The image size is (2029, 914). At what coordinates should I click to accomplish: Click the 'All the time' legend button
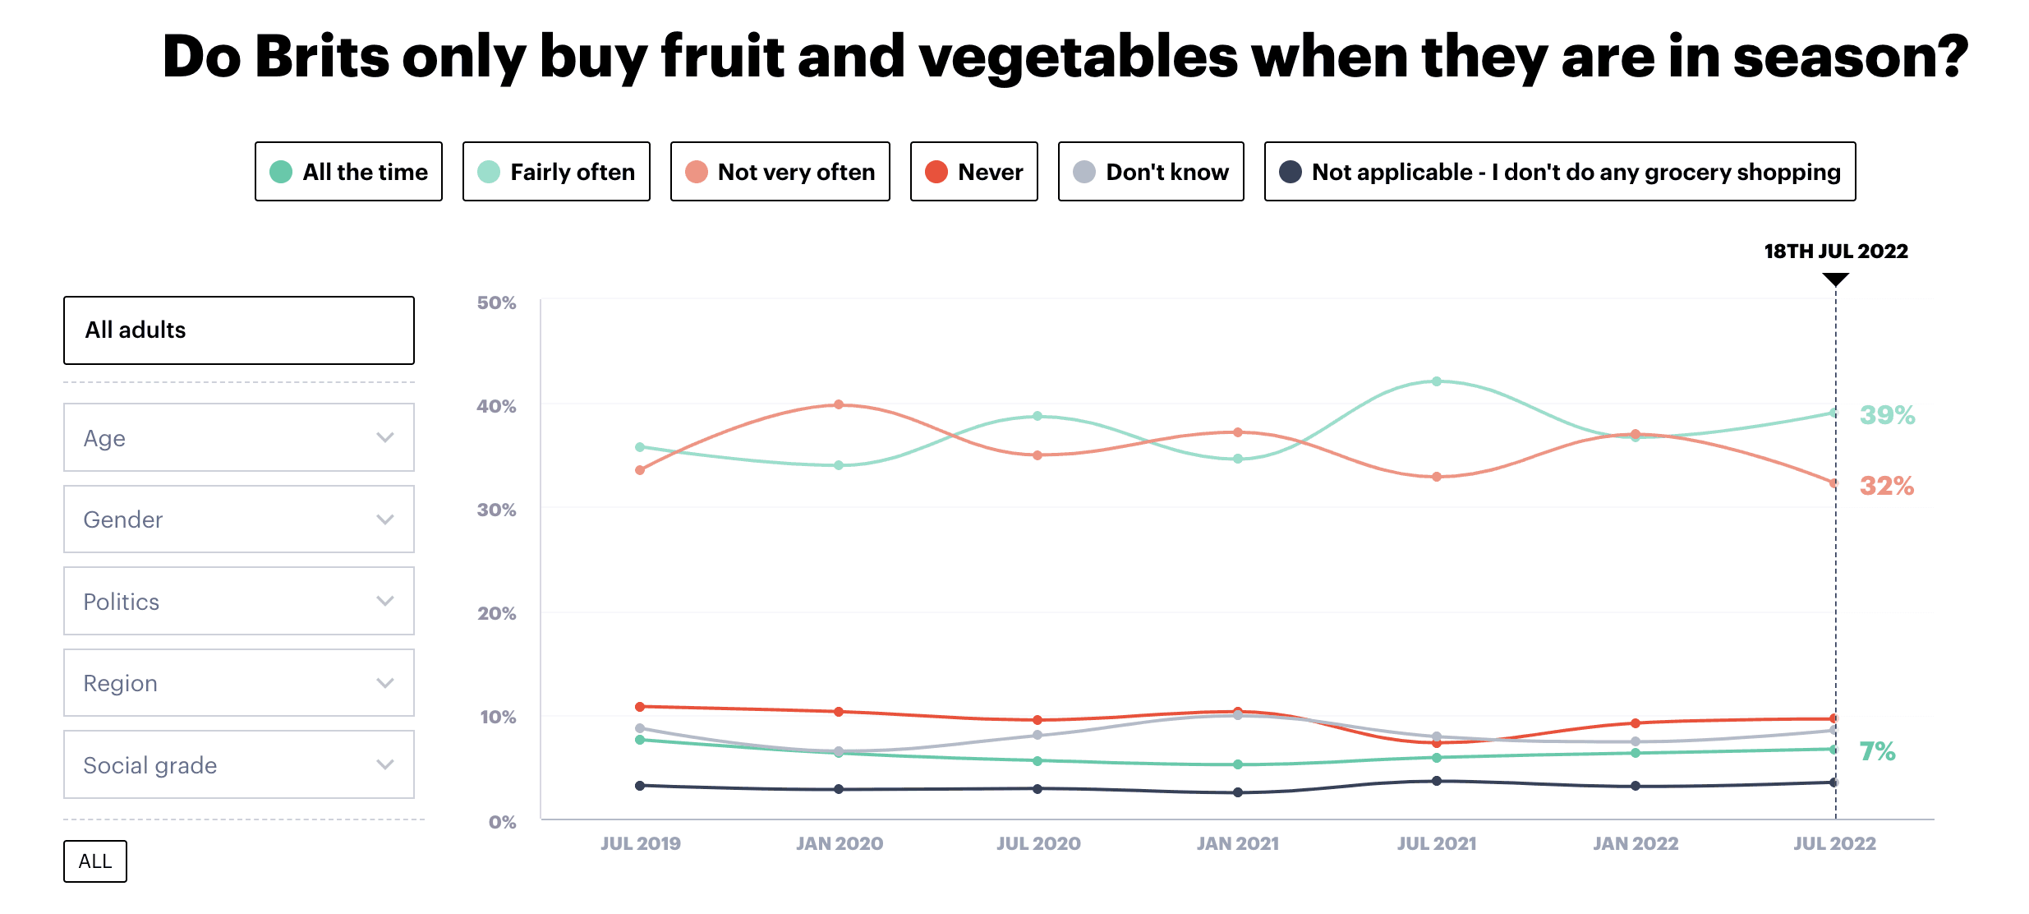(x=348, y=172)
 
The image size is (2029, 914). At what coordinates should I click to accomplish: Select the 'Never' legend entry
(x=973, y=172)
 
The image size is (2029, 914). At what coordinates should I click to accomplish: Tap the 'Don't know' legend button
(x=1150, y=172)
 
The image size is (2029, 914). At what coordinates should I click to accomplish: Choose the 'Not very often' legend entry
(x=780, y=172)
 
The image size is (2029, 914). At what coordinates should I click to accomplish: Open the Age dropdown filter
(x=238, y=437)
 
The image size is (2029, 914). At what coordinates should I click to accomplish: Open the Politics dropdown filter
(x=238, y=601)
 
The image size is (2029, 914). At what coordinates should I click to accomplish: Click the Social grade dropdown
(x=238, y=764)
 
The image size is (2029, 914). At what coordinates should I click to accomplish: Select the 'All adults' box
(x=238, y=330)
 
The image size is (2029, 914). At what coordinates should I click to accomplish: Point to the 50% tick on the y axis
(x=497, y=303)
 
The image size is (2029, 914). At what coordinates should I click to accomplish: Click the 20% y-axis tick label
(x=497, y=614)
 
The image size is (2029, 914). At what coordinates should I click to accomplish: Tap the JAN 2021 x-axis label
(x=1237, y=843)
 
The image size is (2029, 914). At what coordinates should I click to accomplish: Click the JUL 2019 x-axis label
(x=641, y=843)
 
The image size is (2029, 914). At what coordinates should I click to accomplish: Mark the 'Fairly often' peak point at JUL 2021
(x=1437, y=381)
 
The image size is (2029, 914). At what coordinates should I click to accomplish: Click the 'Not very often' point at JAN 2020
(x=839, y=404)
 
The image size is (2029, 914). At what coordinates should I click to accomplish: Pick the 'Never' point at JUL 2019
(x=640, y=707)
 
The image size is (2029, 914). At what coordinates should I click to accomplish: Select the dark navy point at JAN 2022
(x=1636, y=786)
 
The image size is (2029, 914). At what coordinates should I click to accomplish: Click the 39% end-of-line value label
(x=1887, y=415)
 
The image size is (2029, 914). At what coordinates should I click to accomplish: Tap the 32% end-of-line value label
(x=1887, y=486)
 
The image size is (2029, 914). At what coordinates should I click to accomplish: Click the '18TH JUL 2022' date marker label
(x=1836, y=252)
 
